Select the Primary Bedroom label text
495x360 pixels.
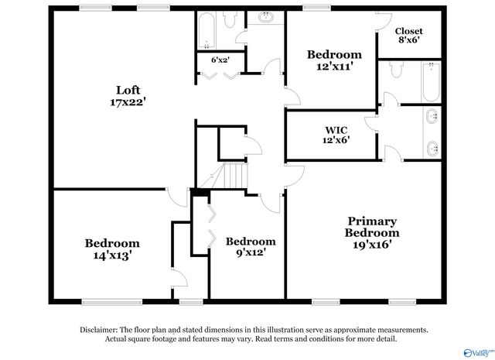[372, 227]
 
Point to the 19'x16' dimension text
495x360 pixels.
[372, 245]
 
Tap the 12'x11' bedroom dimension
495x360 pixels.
[333, 67]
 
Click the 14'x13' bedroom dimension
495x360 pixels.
[112, 255]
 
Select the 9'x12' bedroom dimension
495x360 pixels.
[249, 253]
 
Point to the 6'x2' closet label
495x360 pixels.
[220, 60]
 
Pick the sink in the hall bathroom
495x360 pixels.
[266, 17]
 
